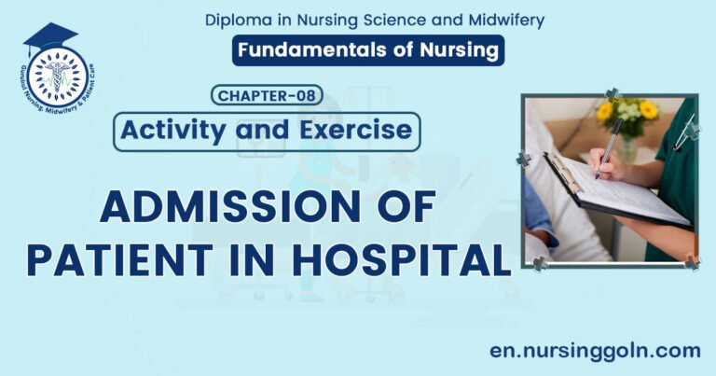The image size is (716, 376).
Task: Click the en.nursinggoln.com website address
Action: click(x=595, y=350)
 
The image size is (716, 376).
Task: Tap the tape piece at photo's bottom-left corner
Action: click(x=539, y=264)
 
